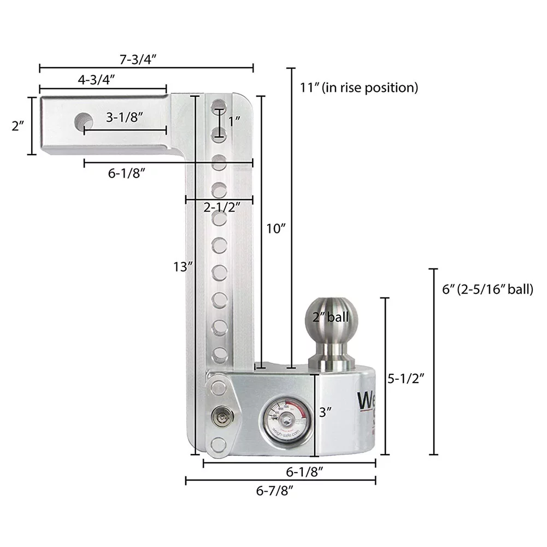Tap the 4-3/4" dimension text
click(96, 80)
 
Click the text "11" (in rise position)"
click(359, 87)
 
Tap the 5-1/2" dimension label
click(406, 377)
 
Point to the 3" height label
click(326, 413)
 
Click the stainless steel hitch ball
click(331, 319)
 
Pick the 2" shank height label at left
click(19, 126)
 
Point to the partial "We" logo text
click(366, 401)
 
